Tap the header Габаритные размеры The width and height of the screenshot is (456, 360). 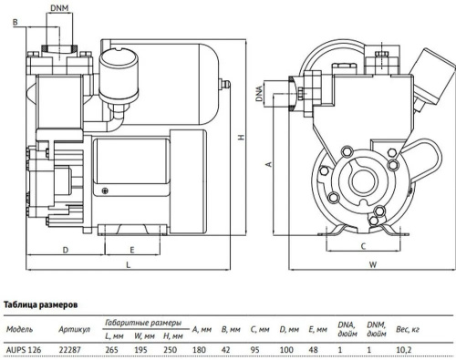139,323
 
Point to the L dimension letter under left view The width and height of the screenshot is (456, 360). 127,264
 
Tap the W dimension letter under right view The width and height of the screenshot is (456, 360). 373,265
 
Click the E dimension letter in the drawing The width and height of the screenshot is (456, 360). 133,248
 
